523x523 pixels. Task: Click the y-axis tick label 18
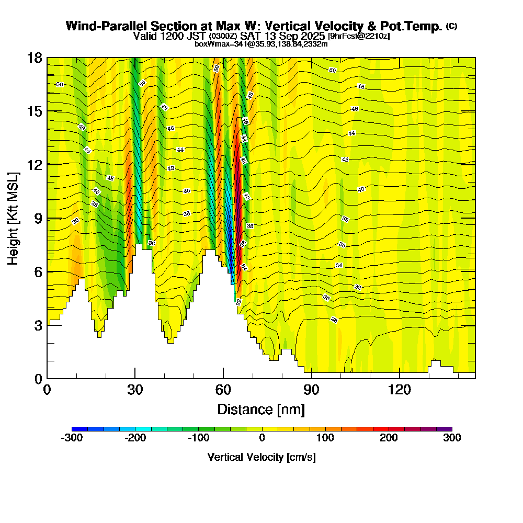[35, 58]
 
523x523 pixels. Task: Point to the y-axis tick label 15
[35, 111]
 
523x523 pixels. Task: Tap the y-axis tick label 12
[35, 164]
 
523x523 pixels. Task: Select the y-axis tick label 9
[38, 218]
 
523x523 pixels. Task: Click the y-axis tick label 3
[38, 325]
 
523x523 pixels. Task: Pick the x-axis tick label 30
[135, 390]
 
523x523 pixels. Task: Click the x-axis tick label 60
[223, 390]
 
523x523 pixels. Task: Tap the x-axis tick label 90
[312, 390]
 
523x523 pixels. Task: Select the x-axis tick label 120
[400, 390]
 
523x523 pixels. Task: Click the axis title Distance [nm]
[261, 409]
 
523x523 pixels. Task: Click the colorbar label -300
[72, 438]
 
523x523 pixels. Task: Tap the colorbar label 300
[452, 438]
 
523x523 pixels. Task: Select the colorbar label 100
[325, 438]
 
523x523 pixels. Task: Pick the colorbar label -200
[135, 438]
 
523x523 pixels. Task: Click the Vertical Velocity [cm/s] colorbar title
[261, 457]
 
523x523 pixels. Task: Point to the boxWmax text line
[261, 44]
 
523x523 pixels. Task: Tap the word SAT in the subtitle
[249, 36]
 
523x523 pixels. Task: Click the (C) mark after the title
[452, 26]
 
